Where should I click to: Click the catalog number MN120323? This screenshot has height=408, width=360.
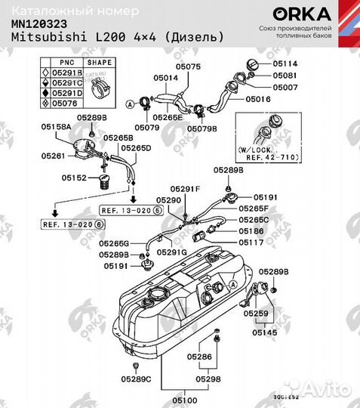tap(37, 23)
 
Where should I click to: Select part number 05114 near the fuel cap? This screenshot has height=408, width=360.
tap(285, 63)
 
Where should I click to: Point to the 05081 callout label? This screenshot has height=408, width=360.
tap(285, 76)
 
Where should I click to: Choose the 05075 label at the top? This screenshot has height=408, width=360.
tap(187, 67)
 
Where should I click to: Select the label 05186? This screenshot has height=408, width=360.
tap(251, 230)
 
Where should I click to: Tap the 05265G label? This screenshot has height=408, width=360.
tap(115, 243)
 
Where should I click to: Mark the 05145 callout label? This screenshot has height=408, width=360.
tap(264, 332)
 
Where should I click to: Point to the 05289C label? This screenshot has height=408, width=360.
tap(137, 378)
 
